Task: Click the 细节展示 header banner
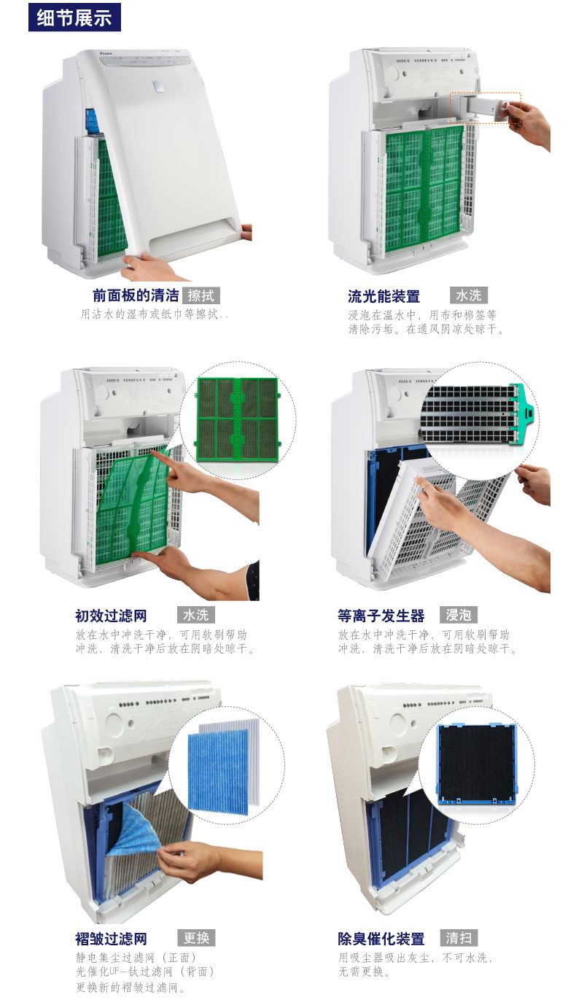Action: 74,18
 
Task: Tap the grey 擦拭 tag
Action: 201,295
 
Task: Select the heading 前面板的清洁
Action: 136,295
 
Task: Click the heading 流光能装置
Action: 384,296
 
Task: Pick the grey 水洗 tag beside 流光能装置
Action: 469,295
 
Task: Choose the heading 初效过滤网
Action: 111,616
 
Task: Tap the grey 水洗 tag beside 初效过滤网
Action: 196,615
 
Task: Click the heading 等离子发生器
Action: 381,616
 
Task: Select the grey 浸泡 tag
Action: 458,615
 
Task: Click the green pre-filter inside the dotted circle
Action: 238,419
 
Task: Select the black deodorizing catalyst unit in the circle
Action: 477,764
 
